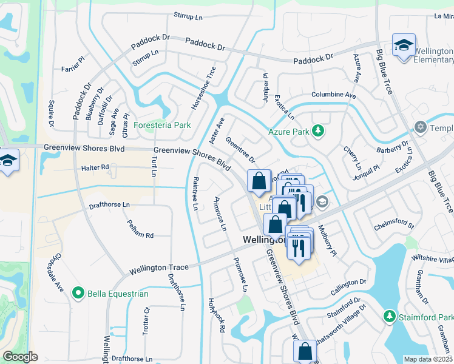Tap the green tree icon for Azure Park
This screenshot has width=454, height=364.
[317, 131]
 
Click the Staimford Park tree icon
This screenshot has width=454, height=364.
[390, 317]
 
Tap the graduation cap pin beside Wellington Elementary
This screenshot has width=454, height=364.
[404, 45]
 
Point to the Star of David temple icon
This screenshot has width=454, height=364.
[420, 127]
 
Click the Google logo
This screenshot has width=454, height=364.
[20, 357]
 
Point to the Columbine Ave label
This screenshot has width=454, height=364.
[333, 95]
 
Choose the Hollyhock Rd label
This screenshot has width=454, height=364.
[217, 315]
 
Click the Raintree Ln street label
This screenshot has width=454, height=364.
[195, 194]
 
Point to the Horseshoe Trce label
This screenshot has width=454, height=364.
[204, 88]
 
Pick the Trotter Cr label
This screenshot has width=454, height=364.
[146, 321]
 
